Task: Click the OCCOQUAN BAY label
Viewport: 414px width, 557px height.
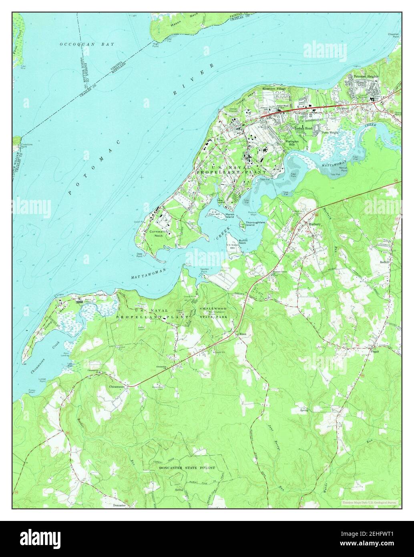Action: (x=87, y=44)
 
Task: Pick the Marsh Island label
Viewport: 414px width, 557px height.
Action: (x=230, y=216)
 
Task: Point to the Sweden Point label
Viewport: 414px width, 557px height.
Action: (x=204, y=270)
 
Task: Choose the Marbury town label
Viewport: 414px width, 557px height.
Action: (x=315, y=224)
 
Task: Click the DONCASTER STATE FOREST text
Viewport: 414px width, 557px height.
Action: (x=187, y=468)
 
